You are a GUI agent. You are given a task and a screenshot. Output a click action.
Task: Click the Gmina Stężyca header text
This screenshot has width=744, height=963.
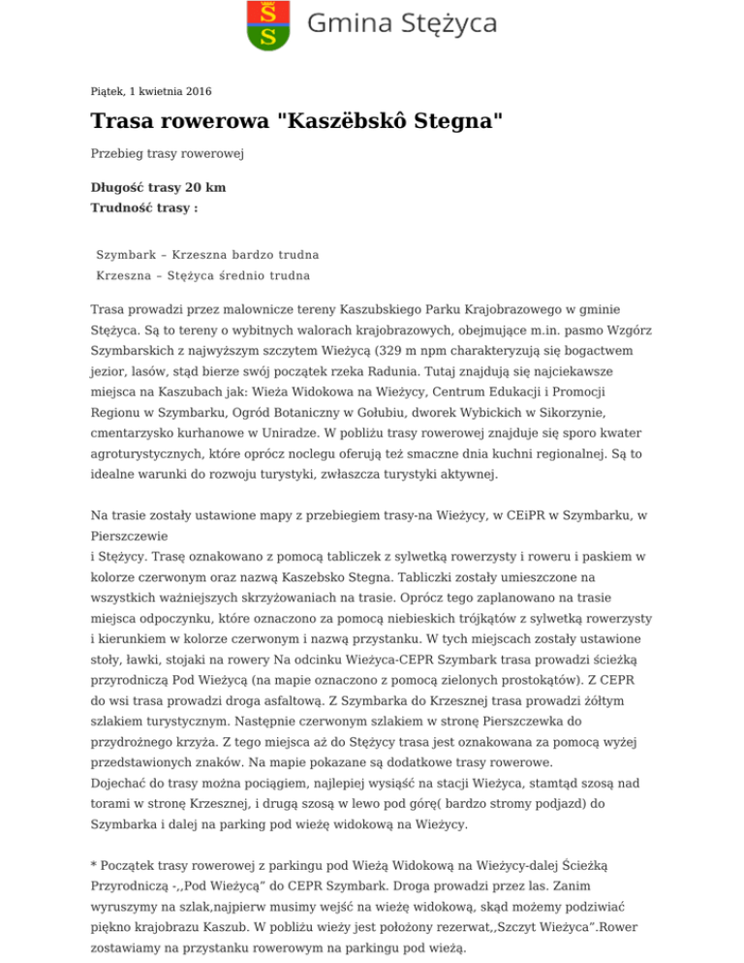pos(402,24)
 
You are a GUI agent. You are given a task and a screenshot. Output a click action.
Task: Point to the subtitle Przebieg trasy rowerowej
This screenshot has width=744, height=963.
pos(167,153)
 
